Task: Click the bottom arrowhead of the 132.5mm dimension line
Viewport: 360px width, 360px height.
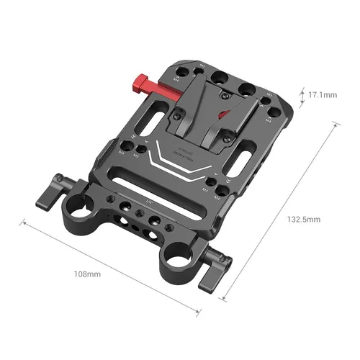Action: (223, 296)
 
